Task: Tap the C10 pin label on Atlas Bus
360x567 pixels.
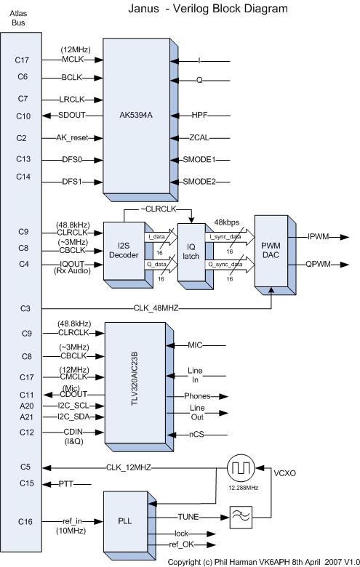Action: coord(23,116)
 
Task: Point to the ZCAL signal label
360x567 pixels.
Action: coord(200,137)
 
